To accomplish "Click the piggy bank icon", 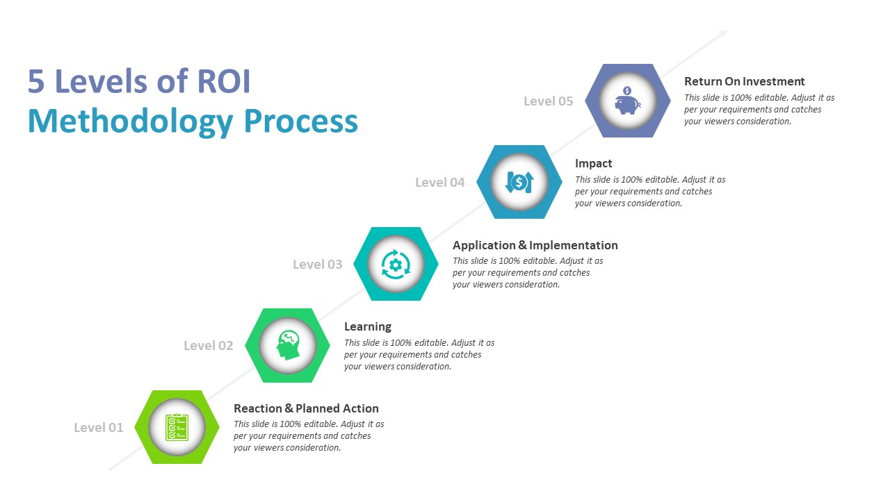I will point(627,101).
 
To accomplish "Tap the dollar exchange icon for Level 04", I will point(519,182).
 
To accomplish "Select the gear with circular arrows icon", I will point(396,264).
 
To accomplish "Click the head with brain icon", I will point(287,345).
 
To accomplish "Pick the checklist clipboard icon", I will point(177,427).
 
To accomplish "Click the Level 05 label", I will point(548,101).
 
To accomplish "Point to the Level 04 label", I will point(439,183).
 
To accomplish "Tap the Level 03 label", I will point(317,265).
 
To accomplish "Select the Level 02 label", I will point(208,346).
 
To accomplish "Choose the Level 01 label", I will point(98,428).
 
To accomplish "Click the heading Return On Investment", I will point(744,81).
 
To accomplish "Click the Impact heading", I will point(593,163).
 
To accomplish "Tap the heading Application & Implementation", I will point(535,245).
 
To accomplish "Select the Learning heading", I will point(367,326).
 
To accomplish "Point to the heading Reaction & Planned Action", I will point(306,408).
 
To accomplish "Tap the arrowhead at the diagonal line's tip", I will point(723,33).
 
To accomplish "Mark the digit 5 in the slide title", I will point(36,82).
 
